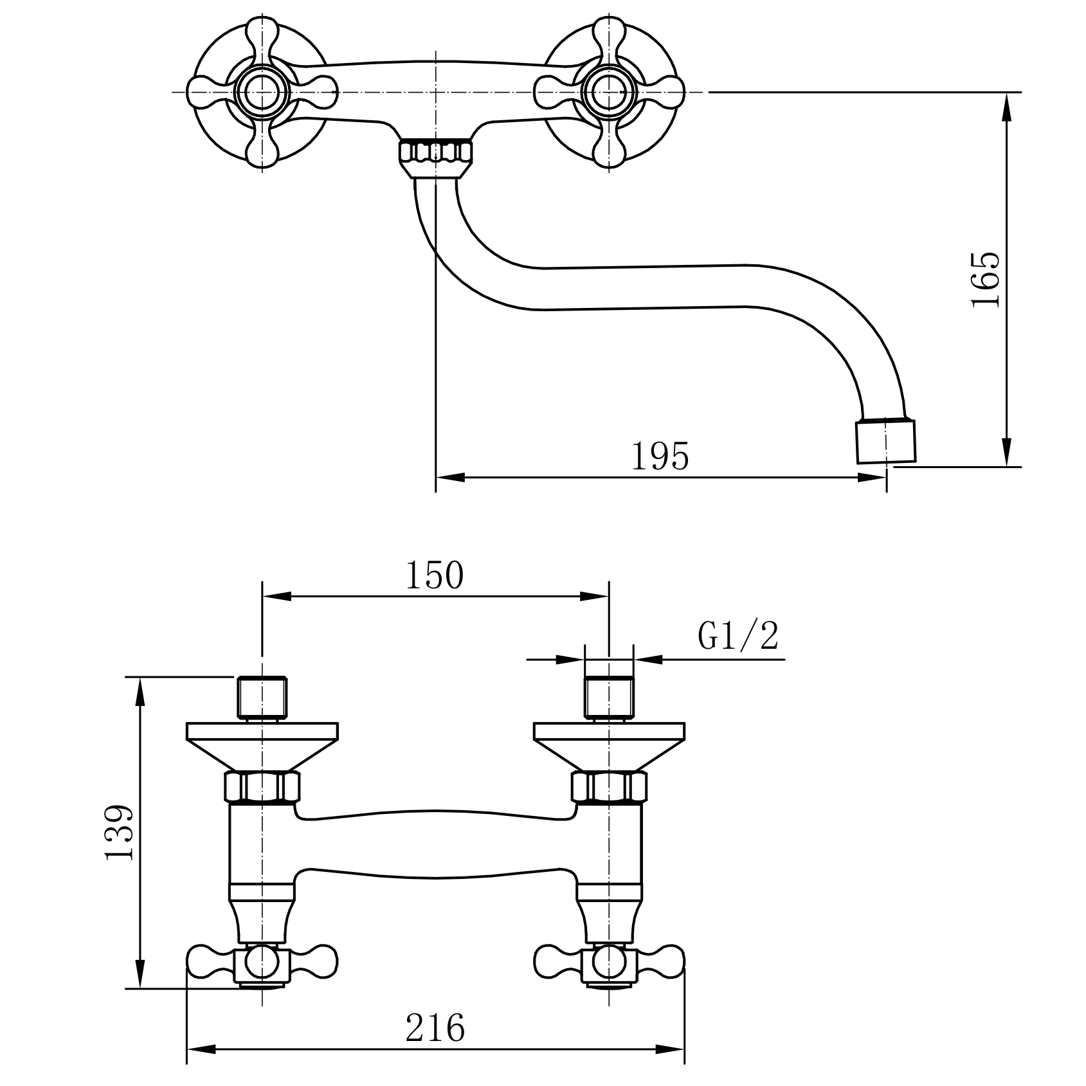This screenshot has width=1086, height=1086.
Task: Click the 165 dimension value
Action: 986,280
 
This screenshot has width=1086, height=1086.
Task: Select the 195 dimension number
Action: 660,457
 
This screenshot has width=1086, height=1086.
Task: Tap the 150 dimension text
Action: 434,575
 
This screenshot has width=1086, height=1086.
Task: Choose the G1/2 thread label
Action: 738,637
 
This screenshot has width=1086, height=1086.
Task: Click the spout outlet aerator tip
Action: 886,441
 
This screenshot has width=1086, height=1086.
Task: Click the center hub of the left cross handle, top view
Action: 262,93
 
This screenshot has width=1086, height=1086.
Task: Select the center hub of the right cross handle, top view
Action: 609,93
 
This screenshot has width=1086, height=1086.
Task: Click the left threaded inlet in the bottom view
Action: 262,698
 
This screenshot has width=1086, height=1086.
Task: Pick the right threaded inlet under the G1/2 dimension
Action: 609,698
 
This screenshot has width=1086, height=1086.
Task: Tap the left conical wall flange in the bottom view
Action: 262,747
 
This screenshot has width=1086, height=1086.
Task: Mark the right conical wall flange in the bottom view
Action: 609,747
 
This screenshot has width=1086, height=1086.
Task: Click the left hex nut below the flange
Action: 262,787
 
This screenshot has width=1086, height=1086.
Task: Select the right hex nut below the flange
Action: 609,787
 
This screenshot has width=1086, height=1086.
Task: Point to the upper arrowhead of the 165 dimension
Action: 1007,107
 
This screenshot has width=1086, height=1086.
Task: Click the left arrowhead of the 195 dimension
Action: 450,478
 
